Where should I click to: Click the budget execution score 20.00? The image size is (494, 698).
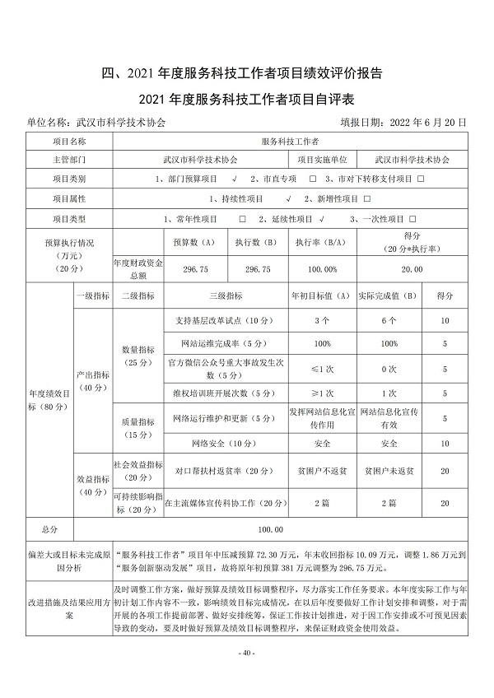(x=412, y=269)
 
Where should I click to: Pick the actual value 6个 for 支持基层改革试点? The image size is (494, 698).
(x=389, y=319)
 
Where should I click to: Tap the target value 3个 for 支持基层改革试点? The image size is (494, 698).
(x=322, y=319)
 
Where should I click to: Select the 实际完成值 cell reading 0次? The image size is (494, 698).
(x=389, y=368)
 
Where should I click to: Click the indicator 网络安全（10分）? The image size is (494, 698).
(x=226, y=444)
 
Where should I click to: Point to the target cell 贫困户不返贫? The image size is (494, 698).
(x=322, y=471)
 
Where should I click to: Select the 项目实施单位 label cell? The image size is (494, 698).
(x=322, y=159)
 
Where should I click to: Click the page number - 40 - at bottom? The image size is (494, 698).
(x=246, y=653)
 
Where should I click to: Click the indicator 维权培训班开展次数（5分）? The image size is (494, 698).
(x=226, y=393)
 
